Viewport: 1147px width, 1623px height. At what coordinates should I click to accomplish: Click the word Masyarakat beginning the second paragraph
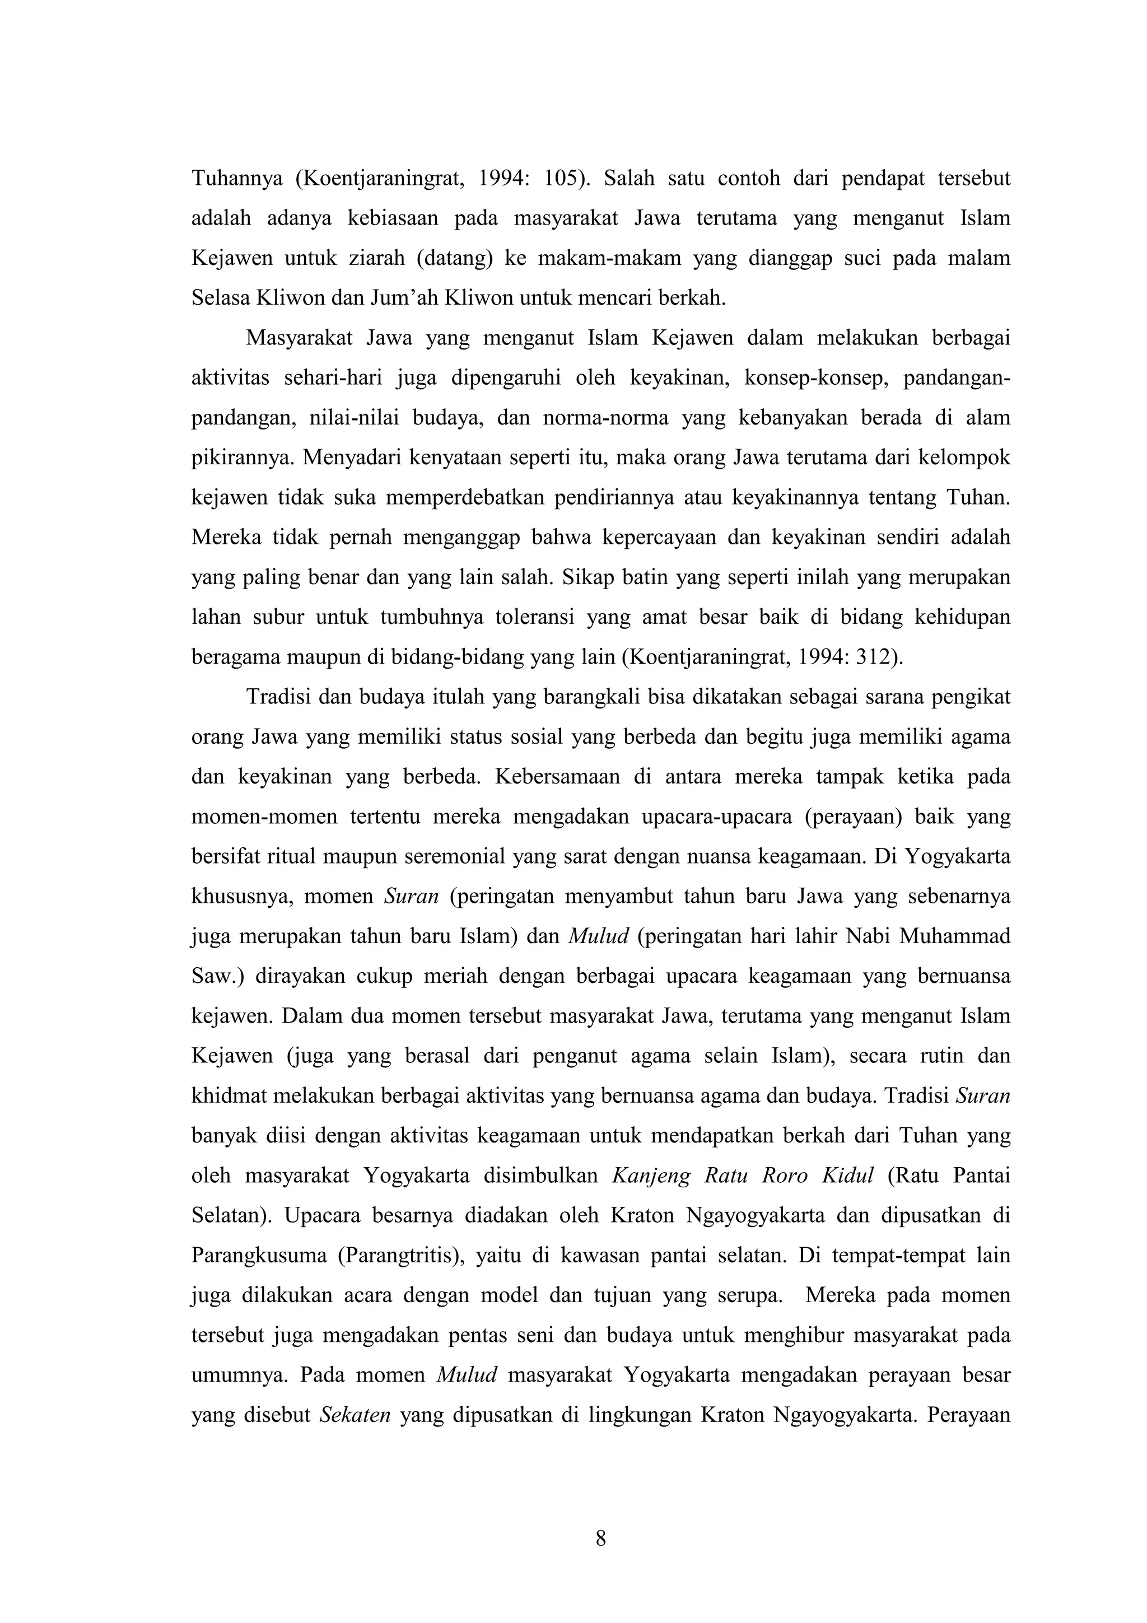tap(300, 338)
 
